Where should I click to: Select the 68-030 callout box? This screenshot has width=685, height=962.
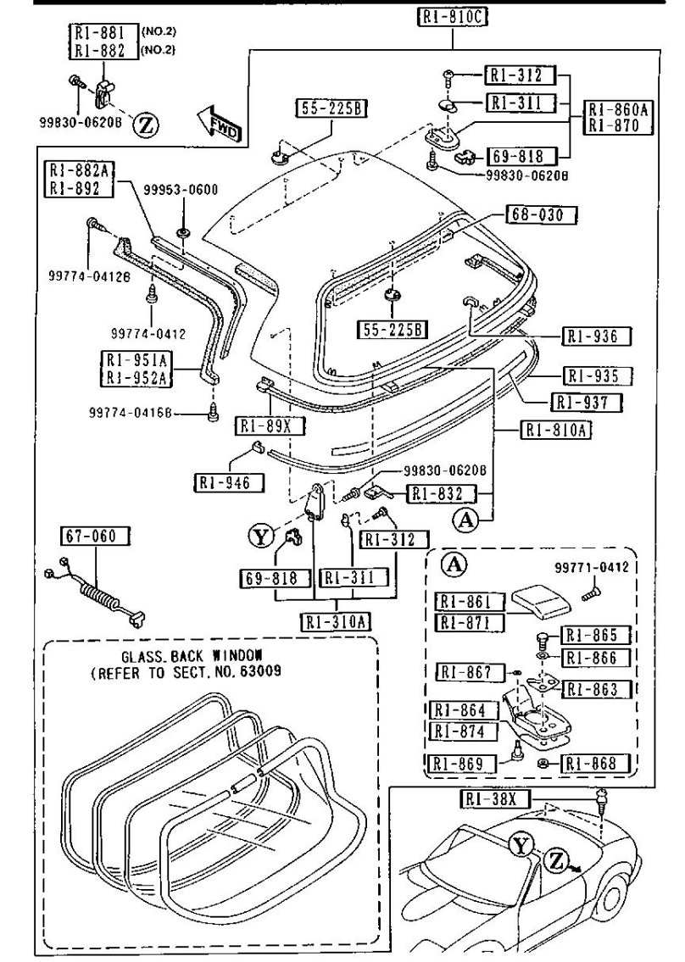(x=542, y=214)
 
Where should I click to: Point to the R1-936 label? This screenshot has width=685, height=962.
(x=598, y=336)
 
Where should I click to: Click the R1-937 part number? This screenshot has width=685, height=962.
(x=586, y=401)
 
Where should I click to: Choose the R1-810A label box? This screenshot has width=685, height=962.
(x=555, y=430)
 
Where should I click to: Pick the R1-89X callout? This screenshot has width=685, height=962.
(x=265, y=425)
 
